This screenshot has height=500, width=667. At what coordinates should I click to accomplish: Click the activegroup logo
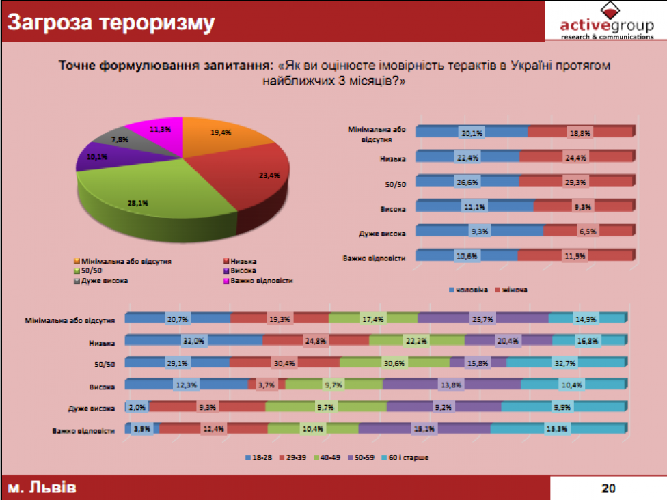click(606, 23)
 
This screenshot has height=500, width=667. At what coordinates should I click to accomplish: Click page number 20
click(608, 488)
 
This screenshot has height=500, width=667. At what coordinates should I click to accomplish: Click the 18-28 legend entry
click(258, 456)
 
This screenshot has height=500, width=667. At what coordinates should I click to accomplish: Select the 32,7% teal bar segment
click(566, 363)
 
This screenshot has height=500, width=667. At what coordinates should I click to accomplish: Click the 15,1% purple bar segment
click(424, 429)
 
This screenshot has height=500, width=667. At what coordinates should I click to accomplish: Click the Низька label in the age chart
click(102, 342)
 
